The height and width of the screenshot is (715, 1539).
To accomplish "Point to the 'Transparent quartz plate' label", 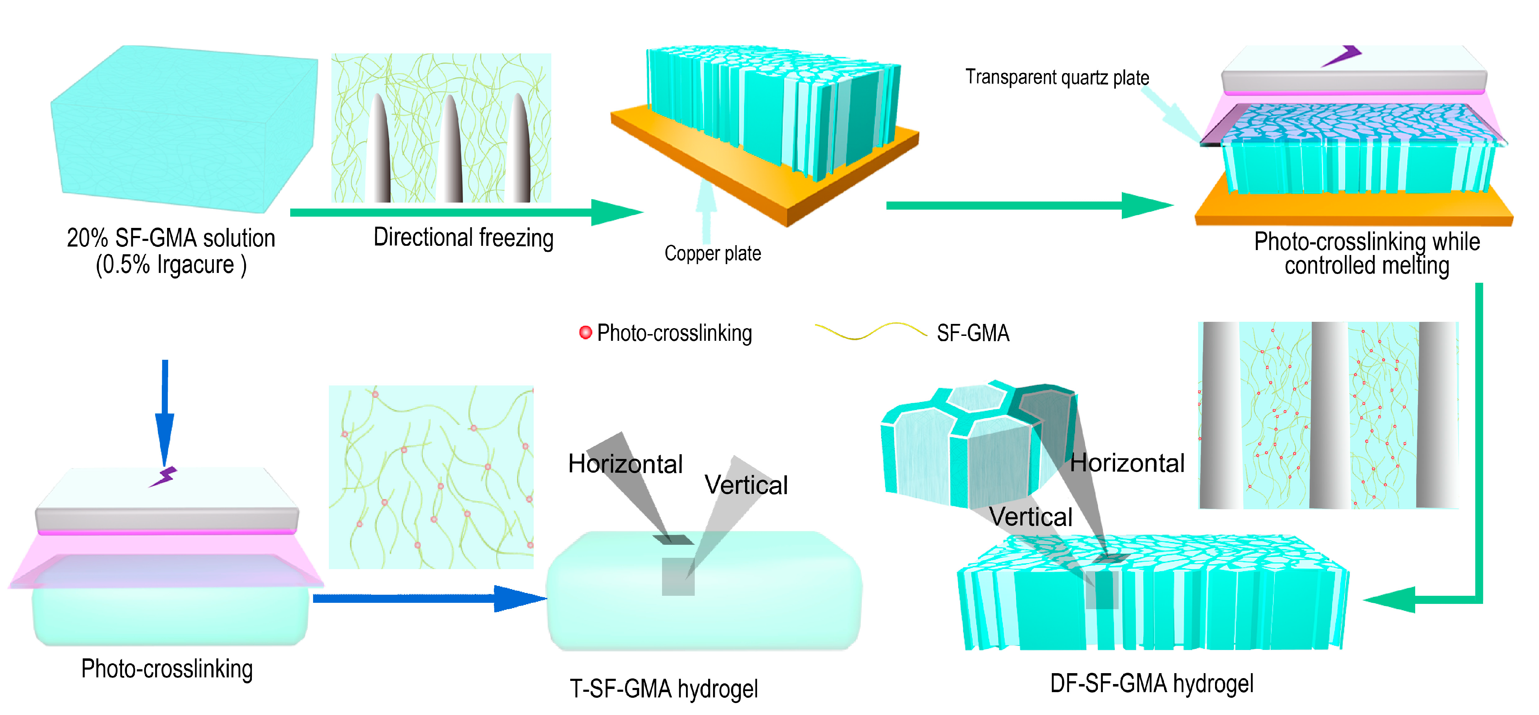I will pyautogui.click(x=1056, y=77).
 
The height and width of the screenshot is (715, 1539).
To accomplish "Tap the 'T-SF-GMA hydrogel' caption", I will pyautogui.click(x=663, y=688).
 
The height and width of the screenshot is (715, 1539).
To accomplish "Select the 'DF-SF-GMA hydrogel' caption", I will pyautogui.click(x=1151, y=683).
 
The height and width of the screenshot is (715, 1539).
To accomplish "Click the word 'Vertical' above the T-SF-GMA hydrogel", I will pyautogui.click(x=746, y=484).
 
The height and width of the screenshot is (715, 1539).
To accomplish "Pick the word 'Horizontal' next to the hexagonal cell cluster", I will pyautogui.click(x=1127, y=463).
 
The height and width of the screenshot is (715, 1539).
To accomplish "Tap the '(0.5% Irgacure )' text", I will pyautogui.click(x=171, y=264).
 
